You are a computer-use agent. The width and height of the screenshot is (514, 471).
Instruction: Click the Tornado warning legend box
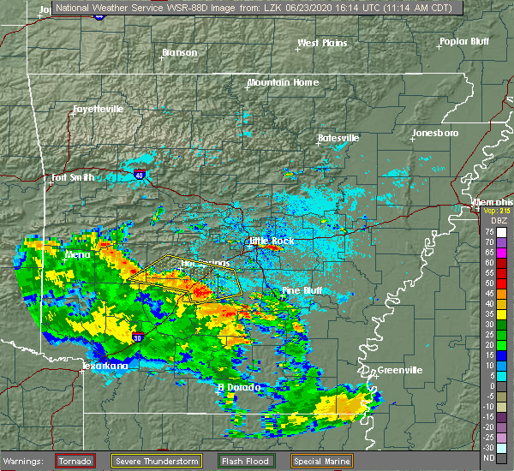(75, 461)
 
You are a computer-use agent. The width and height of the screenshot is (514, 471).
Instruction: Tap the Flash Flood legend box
(253, 461)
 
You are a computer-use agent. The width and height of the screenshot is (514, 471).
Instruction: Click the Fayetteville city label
(98, 110)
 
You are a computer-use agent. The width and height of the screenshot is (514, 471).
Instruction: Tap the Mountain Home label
(283, 82)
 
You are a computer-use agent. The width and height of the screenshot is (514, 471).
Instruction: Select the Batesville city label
(338, 137)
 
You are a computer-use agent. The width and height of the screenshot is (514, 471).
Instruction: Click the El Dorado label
(236, 387)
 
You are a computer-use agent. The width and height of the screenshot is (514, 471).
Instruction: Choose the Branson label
(179, 52)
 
